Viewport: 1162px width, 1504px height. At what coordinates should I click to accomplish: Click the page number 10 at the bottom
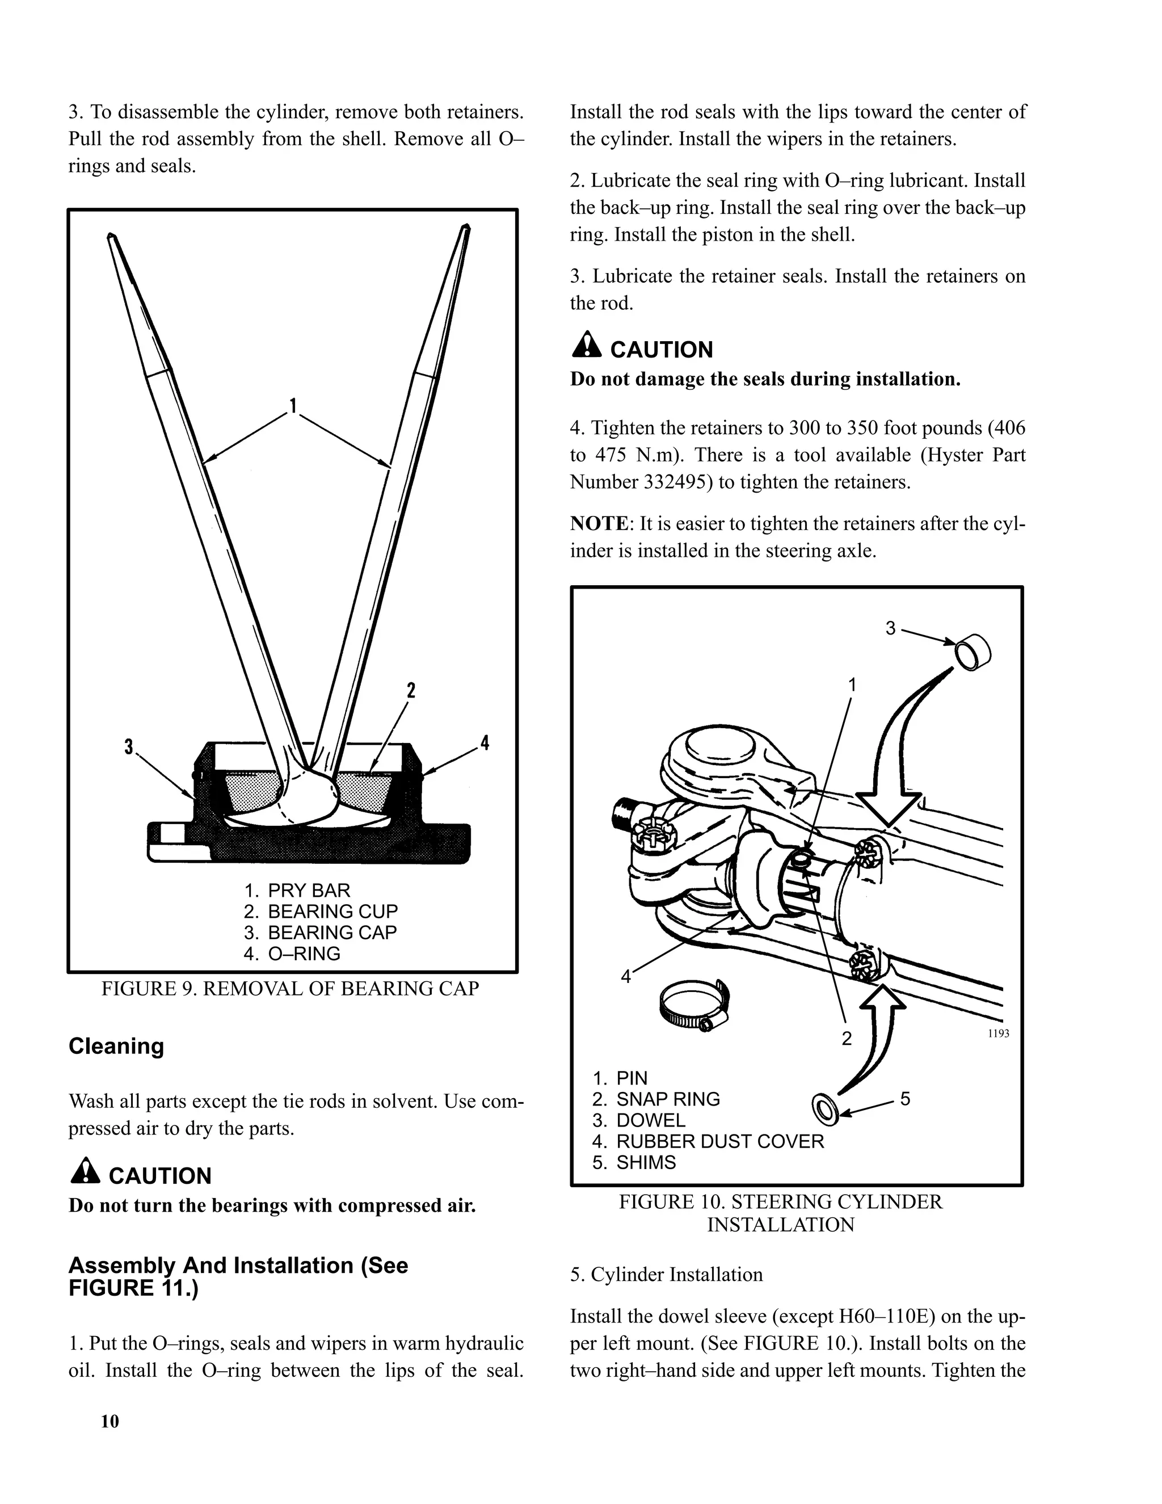point(110,1421)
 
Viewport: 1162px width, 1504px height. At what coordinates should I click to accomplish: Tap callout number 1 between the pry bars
point(293,406)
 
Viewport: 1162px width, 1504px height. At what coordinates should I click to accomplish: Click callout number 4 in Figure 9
point(485,742)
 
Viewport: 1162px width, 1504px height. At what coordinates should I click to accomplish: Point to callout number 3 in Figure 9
point(128,746)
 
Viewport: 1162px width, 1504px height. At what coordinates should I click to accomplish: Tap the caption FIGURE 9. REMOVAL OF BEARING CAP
point(290,988)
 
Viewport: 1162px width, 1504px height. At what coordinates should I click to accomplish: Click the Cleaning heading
point(116,1045)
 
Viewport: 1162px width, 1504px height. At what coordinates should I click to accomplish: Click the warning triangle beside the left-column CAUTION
point(85,1171)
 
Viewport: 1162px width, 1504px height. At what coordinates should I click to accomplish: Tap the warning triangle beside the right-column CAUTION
point(587,345)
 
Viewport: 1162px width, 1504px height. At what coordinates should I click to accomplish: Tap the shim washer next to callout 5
point(823,1108)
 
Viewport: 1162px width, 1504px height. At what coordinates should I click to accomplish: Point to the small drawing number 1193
point(998,1034)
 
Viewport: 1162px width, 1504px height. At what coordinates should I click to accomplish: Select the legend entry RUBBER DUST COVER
point(719,1141)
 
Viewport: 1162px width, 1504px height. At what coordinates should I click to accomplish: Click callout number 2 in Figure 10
point(847,1038)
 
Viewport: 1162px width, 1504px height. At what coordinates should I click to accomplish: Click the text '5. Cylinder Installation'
point(666,1275)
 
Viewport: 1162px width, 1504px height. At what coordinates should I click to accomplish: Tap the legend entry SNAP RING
point(667,1099)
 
